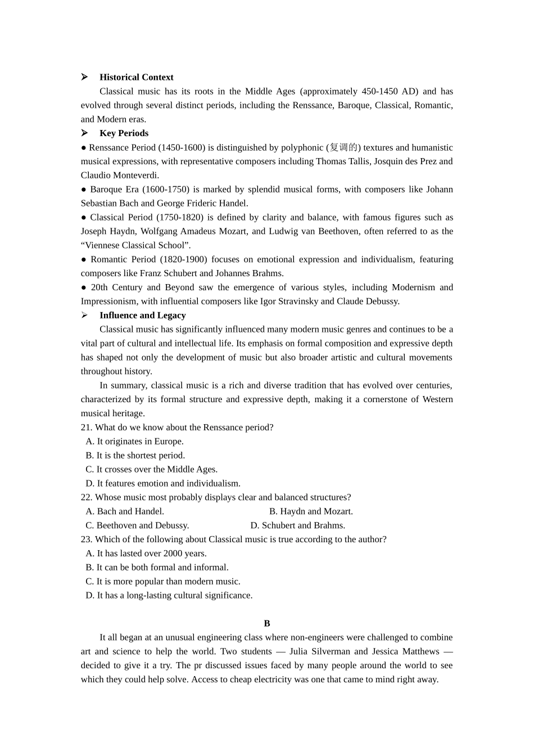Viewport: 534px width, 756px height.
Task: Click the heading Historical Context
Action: click(x=136, y=77)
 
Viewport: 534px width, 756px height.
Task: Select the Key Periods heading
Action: click(x=124, y=133)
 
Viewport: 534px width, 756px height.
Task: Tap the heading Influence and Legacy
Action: click(x=142, y=316)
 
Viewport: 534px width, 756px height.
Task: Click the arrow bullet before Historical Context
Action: click(x=84, y=77)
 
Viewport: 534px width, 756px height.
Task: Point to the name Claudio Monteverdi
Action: click(x=119, y=175)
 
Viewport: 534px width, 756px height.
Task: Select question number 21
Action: click(x=87, y=427)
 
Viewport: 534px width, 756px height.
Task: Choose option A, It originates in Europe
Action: click(x=134, y=442)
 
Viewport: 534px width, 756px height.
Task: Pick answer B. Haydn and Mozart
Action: click(x=311, y=511)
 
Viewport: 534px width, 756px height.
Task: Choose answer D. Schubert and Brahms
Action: click(x=297, y=525)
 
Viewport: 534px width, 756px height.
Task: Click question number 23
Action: click(x=87, y=539)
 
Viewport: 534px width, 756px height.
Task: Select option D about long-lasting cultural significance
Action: click(x=169, y=595)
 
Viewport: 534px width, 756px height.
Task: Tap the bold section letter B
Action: click(x=267, y=623)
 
